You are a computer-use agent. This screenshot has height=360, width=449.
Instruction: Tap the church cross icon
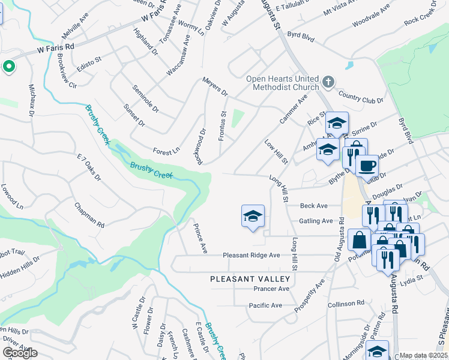click(x=328, y=81)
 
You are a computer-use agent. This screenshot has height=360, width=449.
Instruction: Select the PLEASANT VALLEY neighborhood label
click(x=250, y=279)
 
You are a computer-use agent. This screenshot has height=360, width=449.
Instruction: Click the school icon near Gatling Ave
click(x=253, y=217)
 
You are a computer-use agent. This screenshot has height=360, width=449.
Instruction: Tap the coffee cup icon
click(x=367, y=165)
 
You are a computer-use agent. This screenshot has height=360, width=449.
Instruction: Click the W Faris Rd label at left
click(x=55, y=46)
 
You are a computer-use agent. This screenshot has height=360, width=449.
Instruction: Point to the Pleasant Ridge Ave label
click(x=252, y=255)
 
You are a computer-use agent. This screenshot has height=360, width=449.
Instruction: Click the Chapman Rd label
click(x=89, y=215)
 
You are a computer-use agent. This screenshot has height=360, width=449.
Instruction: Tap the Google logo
click(x=20, y=353)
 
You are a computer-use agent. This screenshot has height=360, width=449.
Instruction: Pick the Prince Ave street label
click(x=200, y=239)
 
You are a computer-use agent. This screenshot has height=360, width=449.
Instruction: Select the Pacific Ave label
click(x=265, y=305)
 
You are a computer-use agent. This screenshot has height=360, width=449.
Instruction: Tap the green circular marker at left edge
click(x=8, y=67)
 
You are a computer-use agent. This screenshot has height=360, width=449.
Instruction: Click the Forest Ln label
click(x=166, y=151)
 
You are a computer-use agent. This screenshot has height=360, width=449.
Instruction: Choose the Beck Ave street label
click(x=314, y=206)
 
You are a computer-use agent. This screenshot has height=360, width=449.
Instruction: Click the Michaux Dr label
click(x=32, y=100)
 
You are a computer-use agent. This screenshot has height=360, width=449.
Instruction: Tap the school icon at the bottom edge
click(x=378, y=350)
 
